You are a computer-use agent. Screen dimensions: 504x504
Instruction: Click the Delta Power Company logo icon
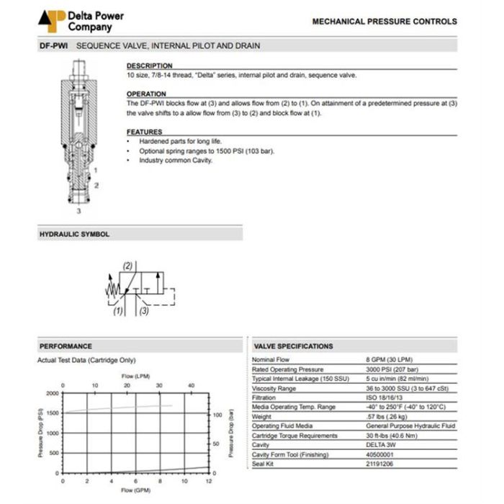click(52, 20)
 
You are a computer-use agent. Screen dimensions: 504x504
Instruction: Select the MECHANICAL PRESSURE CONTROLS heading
click(384, 22)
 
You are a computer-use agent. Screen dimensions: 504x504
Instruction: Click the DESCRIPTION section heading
click(150, 66)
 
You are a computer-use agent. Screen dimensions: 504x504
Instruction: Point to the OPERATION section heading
click(146, 94)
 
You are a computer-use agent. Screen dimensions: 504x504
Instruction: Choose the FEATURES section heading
click(144, 132)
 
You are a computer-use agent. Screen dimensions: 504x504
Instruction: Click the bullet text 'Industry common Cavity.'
click(176, 160)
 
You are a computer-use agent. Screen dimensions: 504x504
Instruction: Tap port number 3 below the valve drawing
click(79, 212)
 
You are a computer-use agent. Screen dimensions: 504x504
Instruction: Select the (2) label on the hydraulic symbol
click(128, 266)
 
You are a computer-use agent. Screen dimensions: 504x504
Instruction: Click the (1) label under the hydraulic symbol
click(118, 311)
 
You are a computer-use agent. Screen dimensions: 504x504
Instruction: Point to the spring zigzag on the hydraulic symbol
click(111, 289)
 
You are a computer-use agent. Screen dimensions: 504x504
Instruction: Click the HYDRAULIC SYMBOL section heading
click(74, 234)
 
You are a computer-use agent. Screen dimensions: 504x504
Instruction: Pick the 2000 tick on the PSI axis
click(53, 393)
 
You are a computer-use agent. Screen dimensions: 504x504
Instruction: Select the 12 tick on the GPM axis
click(209, 480)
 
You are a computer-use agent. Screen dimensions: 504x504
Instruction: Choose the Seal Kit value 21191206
click(381, 463)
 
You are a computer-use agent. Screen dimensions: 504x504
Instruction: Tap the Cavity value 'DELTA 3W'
click(382, 444)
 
